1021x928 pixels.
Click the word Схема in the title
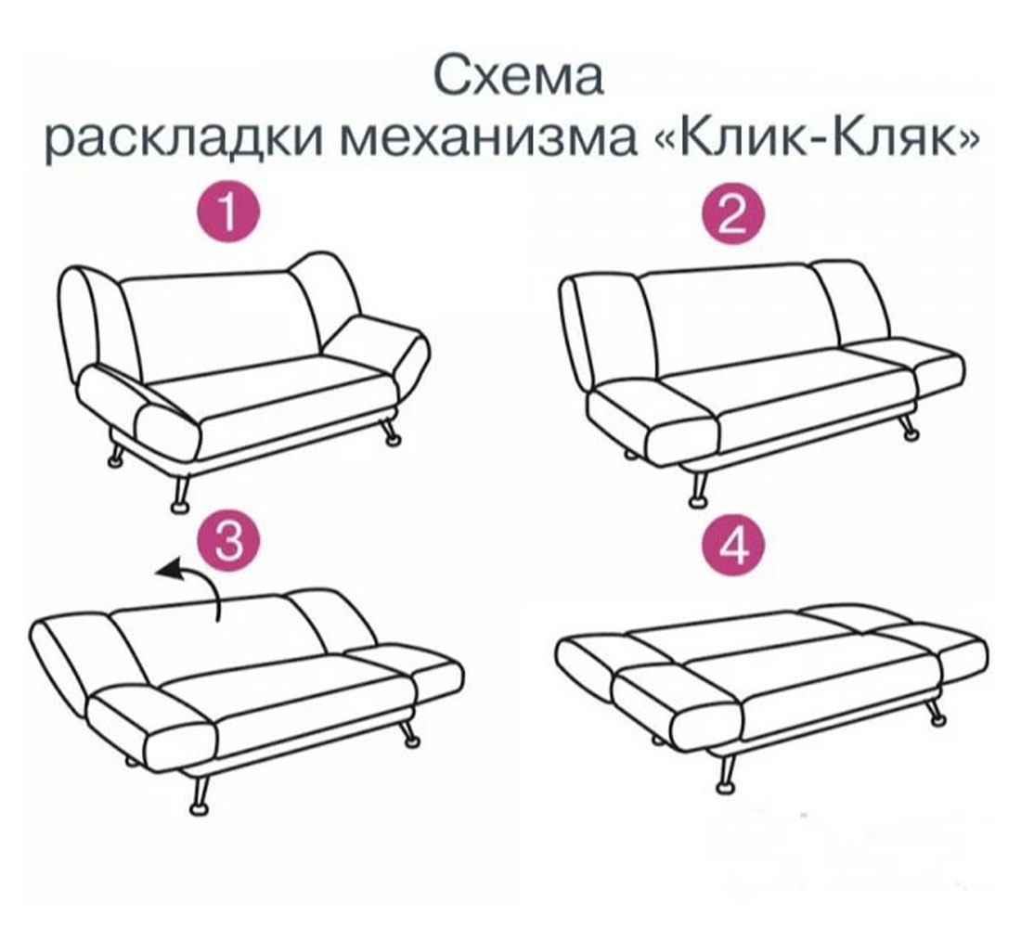[x=520, y=78]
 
